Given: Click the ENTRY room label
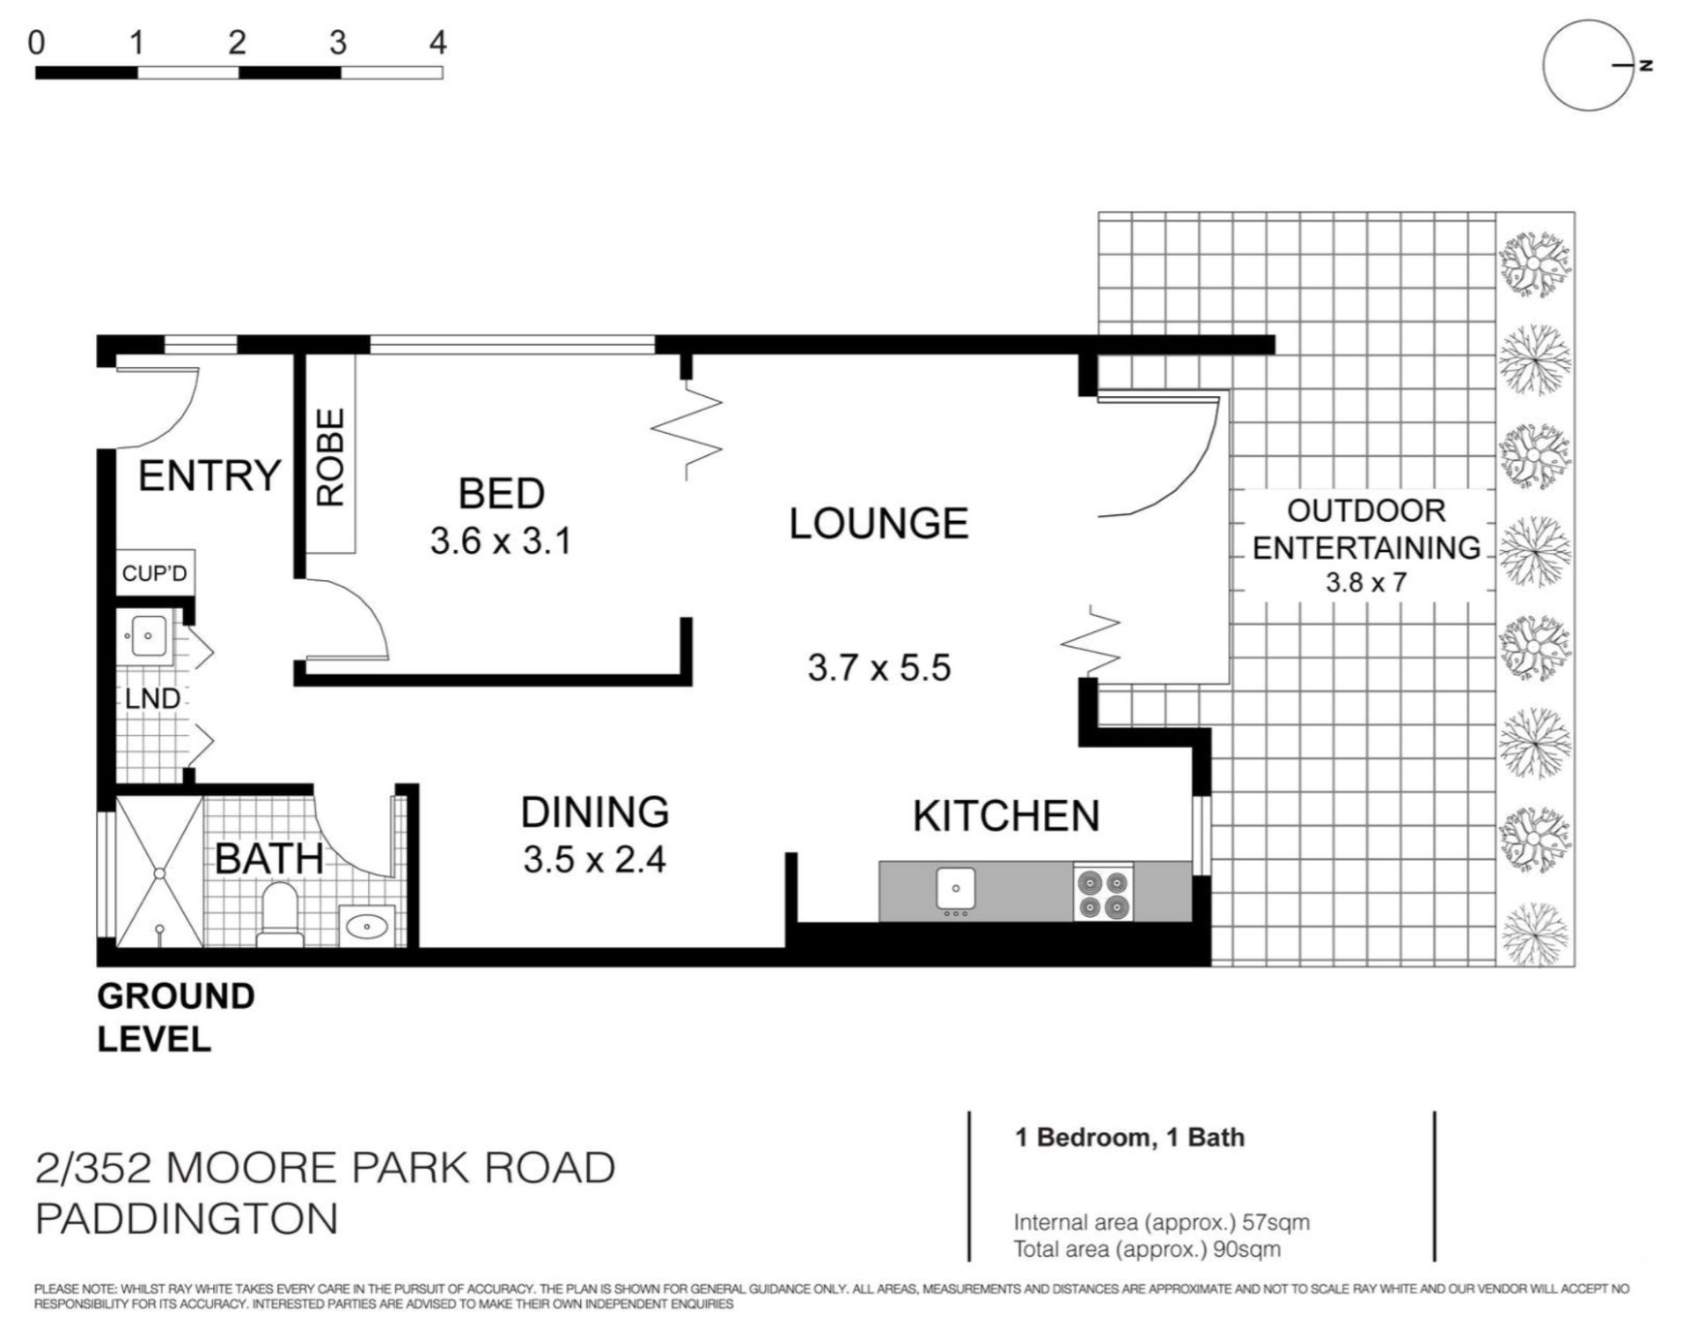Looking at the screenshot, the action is pyautogui.click(x=209, y=476).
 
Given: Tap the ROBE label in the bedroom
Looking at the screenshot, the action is pyautogui.click(x=330, y=457).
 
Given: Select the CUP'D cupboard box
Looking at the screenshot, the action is pyautogui.click(x=155, y=573).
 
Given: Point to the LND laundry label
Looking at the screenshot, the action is pyautogui.click(x=152, y=699).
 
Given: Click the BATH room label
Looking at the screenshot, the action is pyautogui.click(x=268, y=858).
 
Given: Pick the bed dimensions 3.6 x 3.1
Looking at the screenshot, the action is pyautogui.click(x=501, y=540).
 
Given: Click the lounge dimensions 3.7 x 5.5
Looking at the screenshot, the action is pyautogui.click(x=879, y=667).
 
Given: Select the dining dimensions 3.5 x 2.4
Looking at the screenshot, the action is pyautogui.click(x=594, y=859).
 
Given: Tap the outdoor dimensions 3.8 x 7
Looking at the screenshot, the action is pyautogui.click(x=1366, y=583).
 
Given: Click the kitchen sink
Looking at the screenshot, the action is pyautogui.click(x=955, y=889).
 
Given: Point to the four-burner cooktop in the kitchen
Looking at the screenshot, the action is pyautogui.click(x=1103, y=894).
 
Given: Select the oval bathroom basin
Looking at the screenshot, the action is pyautogui.click(x=367, y=926).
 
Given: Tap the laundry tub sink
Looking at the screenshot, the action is pyautogui.click(x=147, y=635).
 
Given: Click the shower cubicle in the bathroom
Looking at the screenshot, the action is pyautogui.click(x=159, y=872).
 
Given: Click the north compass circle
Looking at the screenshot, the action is pyautogui.click(x=1589, y=65).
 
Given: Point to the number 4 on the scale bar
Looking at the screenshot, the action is pyautogui.click(x=437, y=41).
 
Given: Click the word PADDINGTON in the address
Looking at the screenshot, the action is pyautogui.click(x=187, y=1219).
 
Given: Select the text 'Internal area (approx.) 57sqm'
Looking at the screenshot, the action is pyautogui.click(x=1161, y=1223).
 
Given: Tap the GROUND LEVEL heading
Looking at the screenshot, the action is pyautogui.click(x=176, y=1017).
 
